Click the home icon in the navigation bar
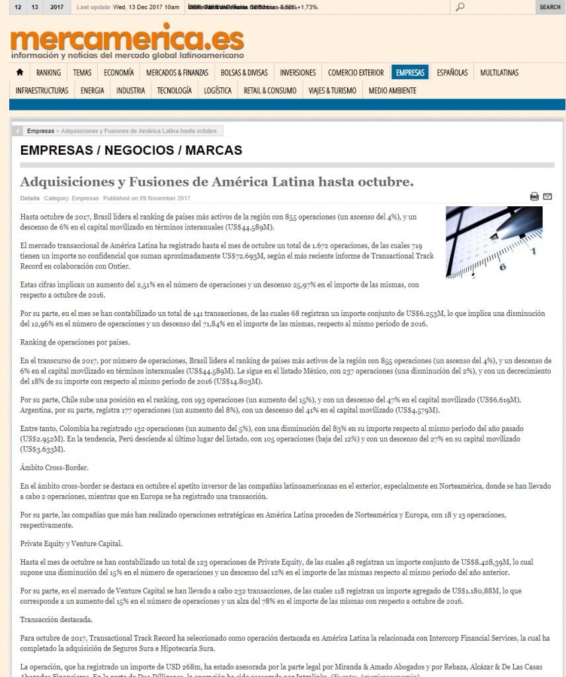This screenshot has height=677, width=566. point(20,73)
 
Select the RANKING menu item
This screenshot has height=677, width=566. point(48,73)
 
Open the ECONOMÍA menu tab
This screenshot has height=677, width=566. point(118,73)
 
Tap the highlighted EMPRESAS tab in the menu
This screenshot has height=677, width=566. point(410,73)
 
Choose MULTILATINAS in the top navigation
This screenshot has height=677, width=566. point(499,73)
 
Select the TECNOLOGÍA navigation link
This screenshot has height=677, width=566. point(175,91)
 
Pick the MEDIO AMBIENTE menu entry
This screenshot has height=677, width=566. point(392,91)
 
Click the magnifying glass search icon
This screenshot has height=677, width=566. point(460,7)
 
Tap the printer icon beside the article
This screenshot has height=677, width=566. point(534,196)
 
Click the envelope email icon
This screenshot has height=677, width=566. point(547,196)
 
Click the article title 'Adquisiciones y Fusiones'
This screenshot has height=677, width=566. point(217,182)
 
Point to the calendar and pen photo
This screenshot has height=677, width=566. point(494,242)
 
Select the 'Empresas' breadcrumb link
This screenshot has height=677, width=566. point(40,131)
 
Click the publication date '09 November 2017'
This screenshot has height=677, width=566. point(165,198)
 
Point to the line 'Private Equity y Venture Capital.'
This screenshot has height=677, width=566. point(71,543)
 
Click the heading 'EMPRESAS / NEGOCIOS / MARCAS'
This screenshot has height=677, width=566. point(131,150)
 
